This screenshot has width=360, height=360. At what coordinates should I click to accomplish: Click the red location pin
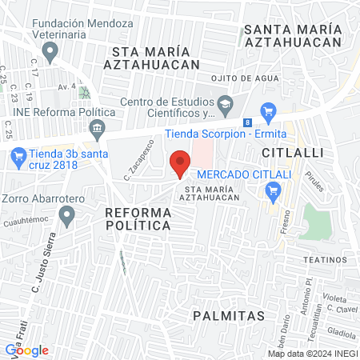180,163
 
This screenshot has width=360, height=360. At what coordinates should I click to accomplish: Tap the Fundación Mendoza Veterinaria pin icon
51,54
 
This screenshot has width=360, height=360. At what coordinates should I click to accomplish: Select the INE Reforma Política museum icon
98,127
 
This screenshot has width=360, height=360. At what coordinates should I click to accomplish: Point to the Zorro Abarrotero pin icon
67,214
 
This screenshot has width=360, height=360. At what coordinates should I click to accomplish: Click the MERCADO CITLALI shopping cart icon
274,190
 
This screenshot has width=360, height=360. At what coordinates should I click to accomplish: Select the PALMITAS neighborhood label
229,316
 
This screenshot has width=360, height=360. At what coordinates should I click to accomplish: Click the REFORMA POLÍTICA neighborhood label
138,218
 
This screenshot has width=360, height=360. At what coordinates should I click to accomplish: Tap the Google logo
27,350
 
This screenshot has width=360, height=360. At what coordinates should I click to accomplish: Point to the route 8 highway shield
248,122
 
